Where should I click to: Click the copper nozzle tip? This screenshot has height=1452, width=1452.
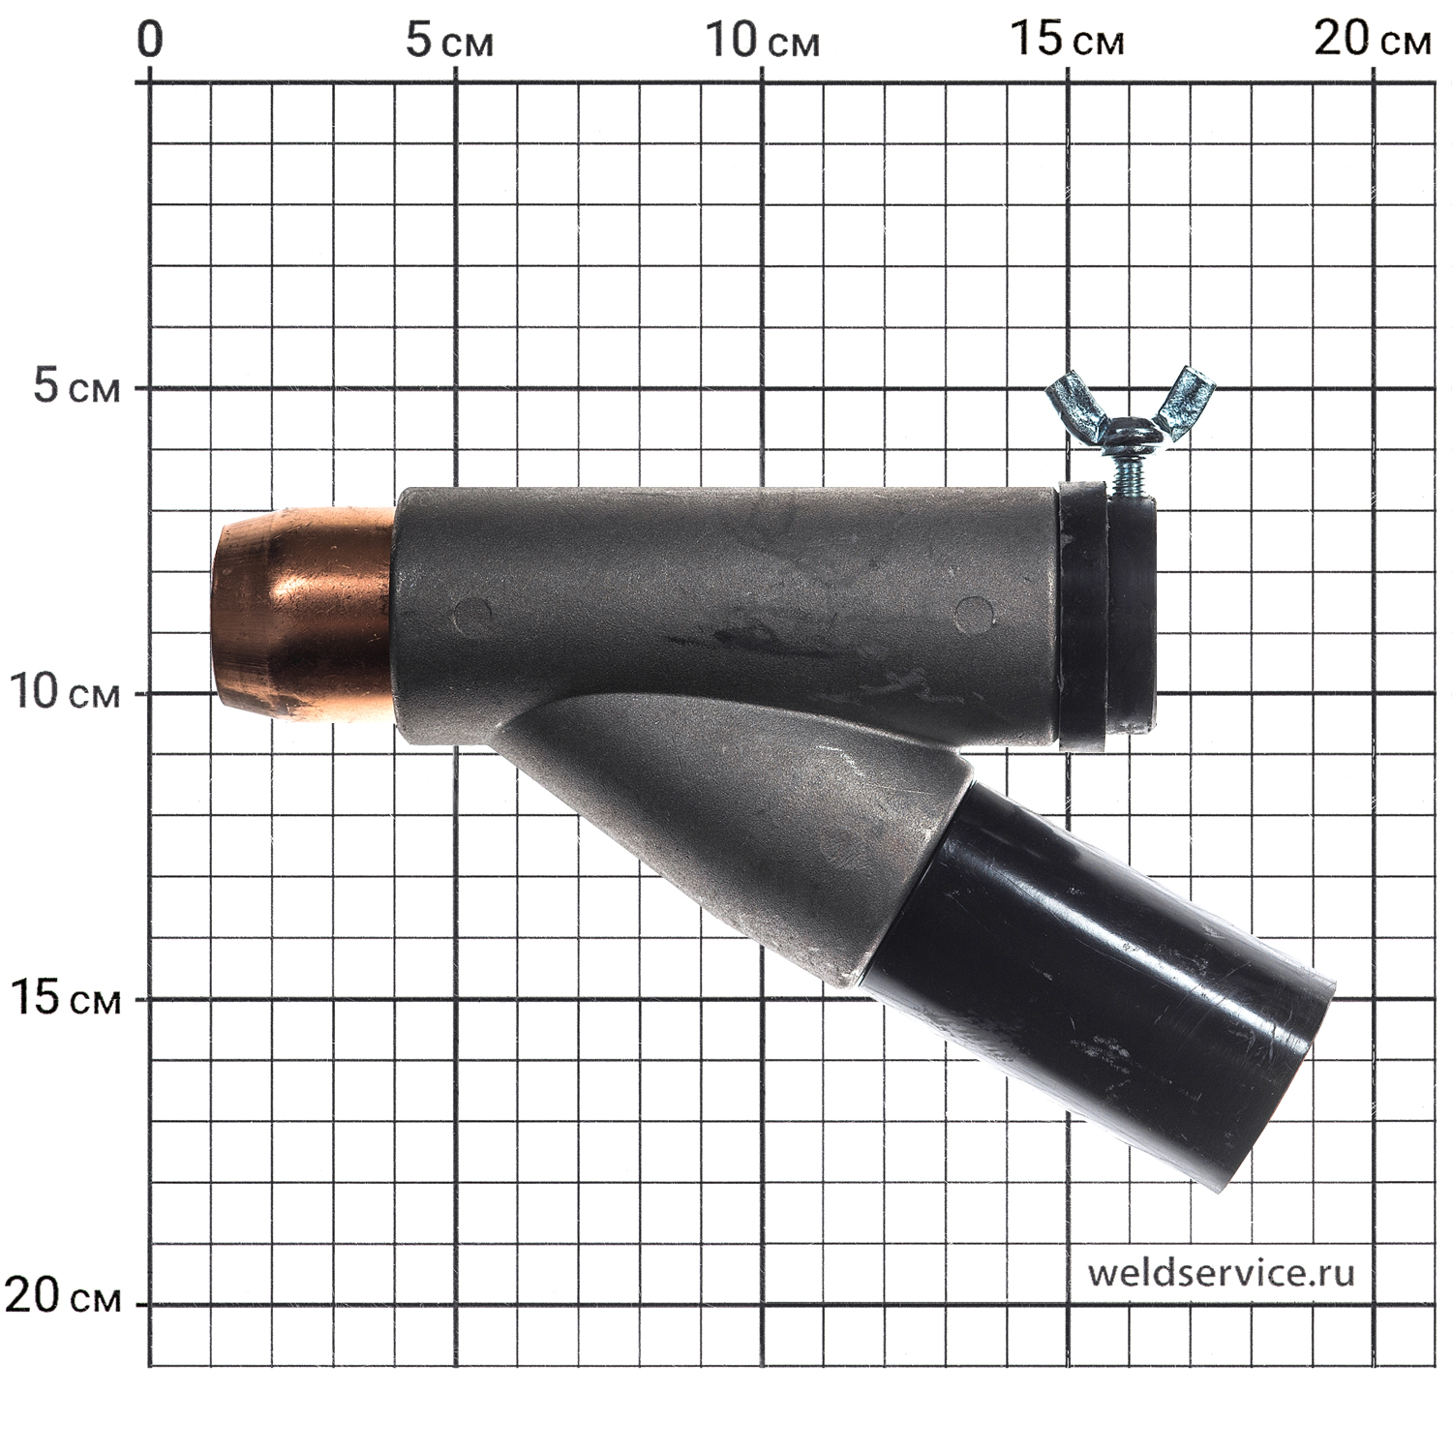tap(303, 615)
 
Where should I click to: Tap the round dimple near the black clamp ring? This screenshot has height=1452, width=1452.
tap(974, 615)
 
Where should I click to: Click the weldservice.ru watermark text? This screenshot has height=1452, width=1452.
tap(1221, 1273)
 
